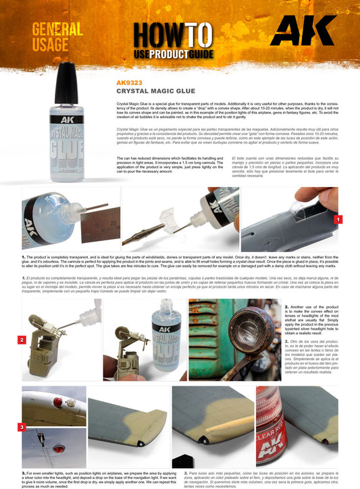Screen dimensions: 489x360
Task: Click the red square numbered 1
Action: [338, 220]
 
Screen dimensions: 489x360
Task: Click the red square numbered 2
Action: [22, 340]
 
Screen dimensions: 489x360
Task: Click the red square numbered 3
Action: [22, 427]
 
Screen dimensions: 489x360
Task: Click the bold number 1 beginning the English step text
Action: [24, 257]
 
